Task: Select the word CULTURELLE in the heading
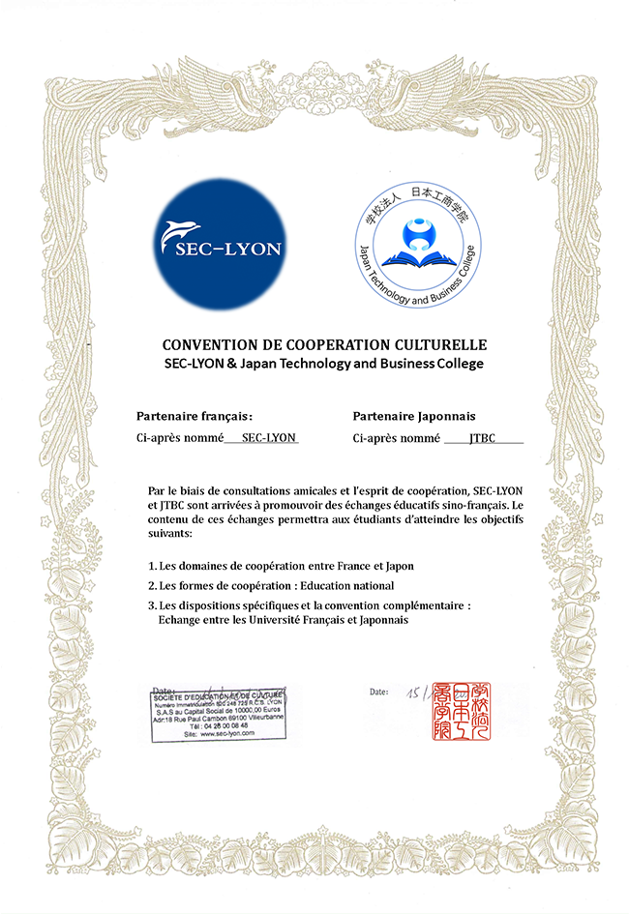pyautogui.click(x=441, y=345)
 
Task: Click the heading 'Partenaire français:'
pyautogui.click(x=194, y=417)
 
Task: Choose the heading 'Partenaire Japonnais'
pyautogui.click(x=414, y=417)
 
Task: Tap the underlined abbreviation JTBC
pyautogui.click(x=482, y=438)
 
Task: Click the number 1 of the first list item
pyautogui.click(x=151, y=566)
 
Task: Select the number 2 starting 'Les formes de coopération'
pyautogui.click(x=151, y=586)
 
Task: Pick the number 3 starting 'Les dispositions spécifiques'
pyautogui.click(x=151, y=606)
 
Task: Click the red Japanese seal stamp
pyautogui.click(x=463, y=711)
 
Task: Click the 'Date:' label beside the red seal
pyautogui.click(x=379, y=692)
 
